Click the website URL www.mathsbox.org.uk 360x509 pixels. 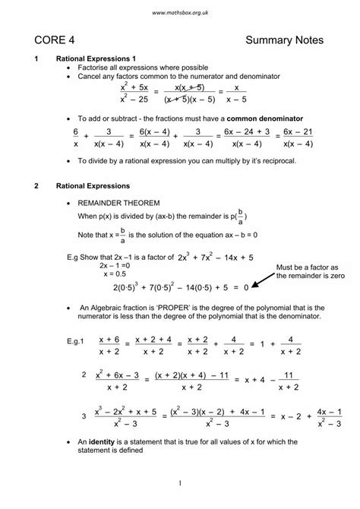click(180, 14)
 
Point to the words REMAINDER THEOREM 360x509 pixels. click(120, 204)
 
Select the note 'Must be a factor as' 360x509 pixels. click(309, 267)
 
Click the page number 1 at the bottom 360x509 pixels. click(180, 484)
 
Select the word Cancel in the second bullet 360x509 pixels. click(92, 77)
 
